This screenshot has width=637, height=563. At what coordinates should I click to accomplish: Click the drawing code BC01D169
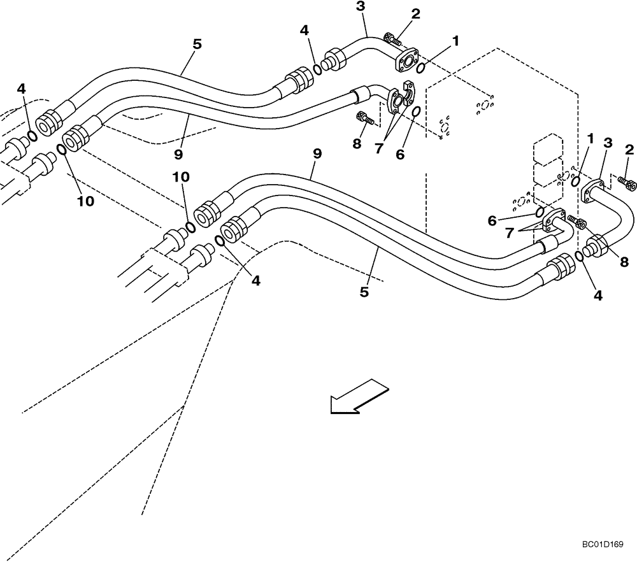[x=603, y=545]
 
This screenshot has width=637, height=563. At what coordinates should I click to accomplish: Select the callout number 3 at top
[x=361, y=8]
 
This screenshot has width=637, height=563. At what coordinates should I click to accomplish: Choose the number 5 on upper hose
[x=196, y=45]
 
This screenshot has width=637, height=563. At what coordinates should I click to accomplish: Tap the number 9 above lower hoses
[x=317, y=154]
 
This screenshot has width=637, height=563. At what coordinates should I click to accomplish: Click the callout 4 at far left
[x=22, y=89]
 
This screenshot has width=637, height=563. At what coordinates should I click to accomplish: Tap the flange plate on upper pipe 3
[x=405, y=61]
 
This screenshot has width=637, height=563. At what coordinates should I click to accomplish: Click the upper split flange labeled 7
[x=399, y=94]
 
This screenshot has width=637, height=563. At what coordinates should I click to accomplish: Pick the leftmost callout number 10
[x=86, y=201]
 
